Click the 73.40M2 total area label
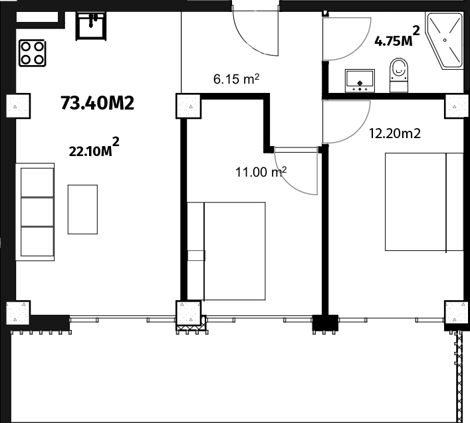pos(98,103)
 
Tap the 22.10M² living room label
pos(94,147)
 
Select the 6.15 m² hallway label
pos(236,79)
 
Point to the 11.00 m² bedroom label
pos(261,172)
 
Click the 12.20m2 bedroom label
pos(394,133)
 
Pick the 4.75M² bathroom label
pos(397,37)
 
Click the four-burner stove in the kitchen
pos(33,53)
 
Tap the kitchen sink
pos(90,26)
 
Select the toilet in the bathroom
pos(399,75)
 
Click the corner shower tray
pos(445,41)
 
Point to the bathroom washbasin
pos(360,80)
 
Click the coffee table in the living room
pos(82,209)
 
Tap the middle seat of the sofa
pos(37,212)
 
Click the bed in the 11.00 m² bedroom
pos(226,251)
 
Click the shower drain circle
pos(445,40)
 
